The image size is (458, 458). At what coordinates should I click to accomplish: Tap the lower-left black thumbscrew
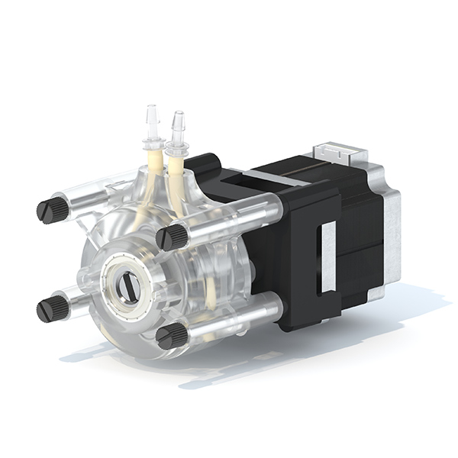[x=52, y=308]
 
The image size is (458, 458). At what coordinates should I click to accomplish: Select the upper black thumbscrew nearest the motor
[x=173, y=236]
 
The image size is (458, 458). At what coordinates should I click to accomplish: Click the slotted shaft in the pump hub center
[x=131, y=287]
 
